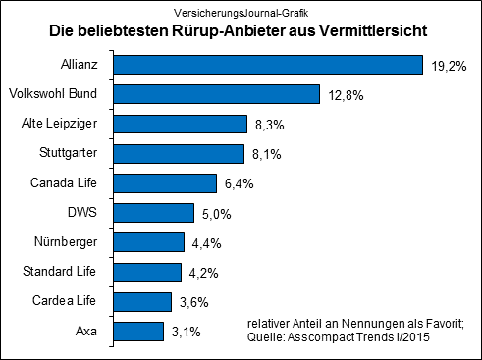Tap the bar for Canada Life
176,183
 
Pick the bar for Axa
149,332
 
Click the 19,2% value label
449,66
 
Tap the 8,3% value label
269,125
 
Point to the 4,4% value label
207,243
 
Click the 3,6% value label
194,302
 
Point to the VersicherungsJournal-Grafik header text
241,13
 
